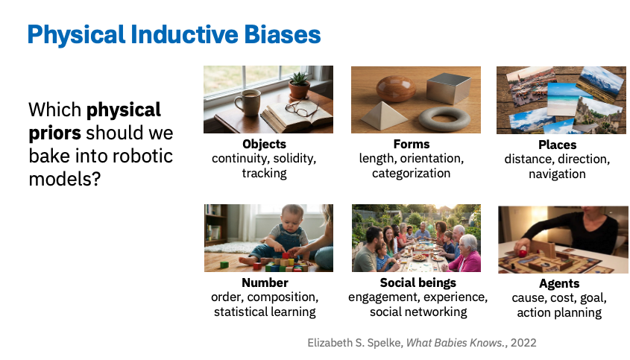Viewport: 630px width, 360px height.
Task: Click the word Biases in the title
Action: click(x=283, y=34)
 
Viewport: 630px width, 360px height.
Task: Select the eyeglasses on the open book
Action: click(x=302, y=108)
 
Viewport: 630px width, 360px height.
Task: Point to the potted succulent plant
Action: click(x=299, y=85)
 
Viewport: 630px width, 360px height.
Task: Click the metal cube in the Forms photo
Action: click(x=448, y=88)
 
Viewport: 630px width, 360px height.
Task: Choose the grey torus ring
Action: click(x=444, y=119)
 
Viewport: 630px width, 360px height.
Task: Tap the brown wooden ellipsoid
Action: click(x=396, y=89)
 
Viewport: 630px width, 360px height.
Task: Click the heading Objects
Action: click(x=265, y=144)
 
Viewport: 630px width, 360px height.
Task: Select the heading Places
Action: click(x=557, y=145)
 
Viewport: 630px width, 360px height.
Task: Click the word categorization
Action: click(x=411, y=173)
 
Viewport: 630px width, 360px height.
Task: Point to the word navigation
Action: click(x=557, y=174)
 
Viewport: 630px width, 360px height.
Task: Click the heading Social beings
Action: click(x=418, y=282)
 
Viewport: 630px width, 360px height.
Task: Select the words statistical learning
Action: click(x=265, y=312)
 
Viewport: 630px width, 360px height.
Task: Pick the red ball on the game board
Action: click(x=523, y=253)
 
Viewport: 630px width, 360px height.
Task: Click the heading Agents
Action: click(x=559, y=284)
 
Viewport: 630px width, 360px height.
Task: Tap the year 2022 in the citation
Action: click(x=523, y=343)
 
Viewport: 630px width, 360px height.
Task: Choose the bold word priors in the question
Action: click(x=54, y=133)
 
